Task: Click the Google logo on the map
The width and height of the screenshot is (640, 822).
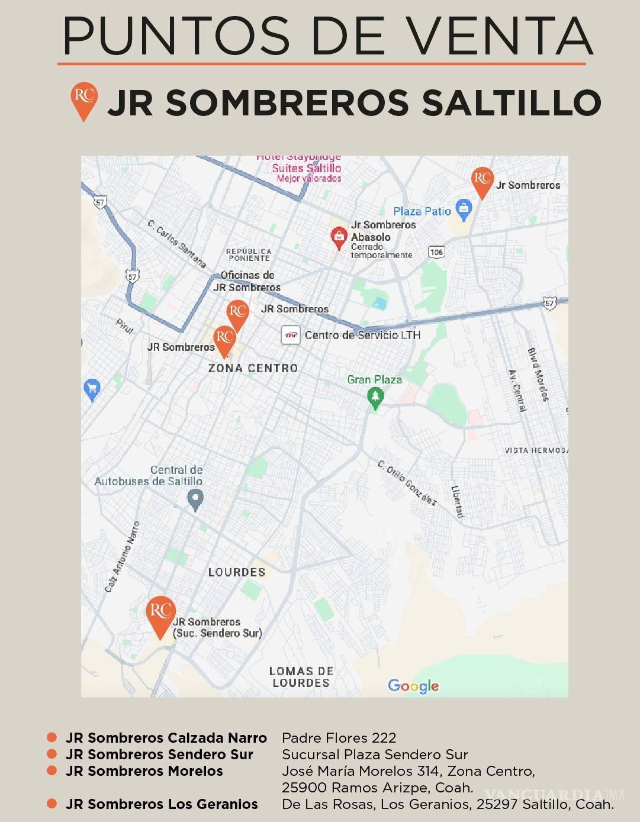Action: (413, 686)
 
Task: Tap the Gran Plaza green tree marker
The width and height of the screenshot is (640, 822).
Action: (375, 398)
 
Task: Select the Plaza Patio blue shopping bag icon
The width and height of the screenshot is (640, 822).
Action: (464, 208)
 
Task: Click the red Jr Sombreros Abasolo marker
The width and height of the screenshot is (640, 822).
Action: (339, 237)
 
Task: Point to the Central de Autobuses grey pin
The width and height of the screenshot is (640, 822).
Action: (195, 500)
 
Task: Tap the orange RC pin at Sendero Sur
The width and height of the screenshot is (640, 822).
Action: (160, 614)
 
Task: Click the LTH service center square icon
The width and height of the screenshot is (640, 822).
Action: (291, 335)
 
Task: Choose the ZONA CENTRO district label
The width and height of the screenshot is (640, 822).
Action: (253, 368)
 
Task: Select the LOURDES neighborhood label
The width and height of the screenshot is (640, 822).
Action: (237, 572)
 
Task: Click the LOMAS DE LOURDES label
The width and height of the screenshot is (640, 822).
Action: (301, 677)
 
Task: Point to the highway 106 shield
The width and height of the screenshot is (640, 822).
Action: (436, 252)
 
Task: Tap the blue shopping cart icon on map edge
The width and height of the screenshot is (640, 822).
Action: (92, 389)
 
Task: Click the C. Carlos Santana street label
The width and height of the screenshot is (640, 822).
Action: (176, 244)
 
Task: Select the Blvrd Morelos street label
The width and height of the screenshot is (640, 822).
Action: (538, 375)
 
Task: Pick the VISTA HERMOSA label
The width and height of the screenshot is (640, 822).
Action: (535, 450)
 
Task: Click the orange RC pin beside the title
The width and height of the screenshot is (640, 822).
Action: (84, 99)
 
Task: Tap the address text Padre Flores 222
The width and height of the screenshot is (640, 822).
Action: (339, 738)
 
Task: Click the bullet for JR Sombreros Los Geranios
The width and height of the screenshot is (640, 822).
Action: (52, 804)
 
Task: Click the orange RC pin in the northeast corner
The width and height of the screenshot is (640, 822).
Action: (483, 181)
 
